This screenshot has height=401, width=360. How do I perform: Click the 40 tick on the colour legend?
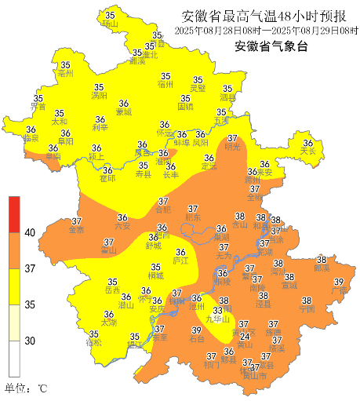click(29, 233)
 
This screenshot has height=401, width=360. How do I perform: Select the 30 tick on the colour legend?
click(29, 341)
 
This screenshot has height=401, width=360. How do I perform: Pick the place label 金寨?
click(76, 231)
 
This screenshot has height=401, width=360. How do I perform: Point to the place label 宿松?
click(93, 343)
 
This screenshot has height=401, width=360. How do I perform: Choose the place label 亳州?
click(65, 74)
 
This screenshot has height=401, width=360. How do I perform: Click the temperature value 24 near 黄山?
click(245, 337)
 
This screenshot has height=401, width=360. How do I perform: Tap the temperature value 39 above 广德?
click(340, 282)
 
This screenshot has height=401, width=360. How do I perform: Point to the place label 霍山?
click(108, 250)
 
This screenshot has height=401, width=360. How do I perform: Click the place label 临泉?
click(31, 138)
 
